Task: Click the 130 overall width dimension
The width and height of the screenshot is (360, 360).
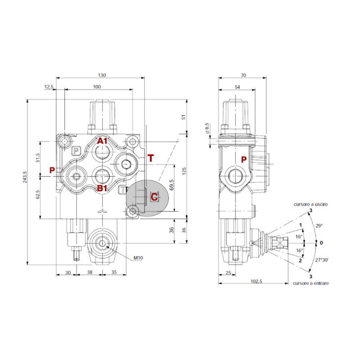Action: click(x=101, y=76)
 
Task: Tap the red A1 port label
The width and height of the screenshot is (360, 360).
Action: click(x=103, y=141)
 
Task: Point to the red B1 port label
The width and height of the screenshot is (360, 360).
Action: click(x=103, y=188)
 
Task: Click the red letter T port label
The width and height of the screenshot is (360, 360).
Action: click(x=150, y=158)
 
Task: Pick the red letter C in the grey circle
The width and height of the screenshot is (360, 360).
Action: click(x=154, y=197)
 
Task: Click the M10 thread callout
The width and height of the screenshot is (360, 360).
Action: click(x=138, y=258)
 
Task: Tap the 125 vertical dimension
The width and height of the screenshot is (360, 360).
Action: click(x=183, y=172)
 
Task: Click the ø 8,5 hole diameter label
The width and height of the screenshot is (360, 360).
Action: click(x=207, y=128)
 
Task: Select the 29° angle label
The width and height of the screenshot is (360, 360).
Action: click(x=319, y=226)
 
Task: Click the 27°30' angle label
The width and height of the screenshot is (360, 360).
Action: click(x=323, y=260)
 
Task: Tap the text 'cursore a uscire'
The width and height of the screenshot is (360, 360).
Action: click(x=311, y=204)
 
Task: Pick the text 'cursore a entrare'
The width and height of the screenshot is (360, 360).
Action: click(x=310, y=283)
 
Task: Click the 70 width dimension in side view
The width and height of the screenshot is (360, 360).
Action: click(x=243, y=76)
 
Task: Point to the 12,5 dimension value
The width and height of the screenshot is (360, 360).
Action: click(x=49, y=86)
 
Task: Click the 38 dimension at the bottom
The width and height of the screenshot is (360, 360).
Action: click(x=89, y=272)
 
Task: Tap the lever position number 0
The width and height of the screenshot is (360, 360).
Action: click(x=321, y=243)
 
